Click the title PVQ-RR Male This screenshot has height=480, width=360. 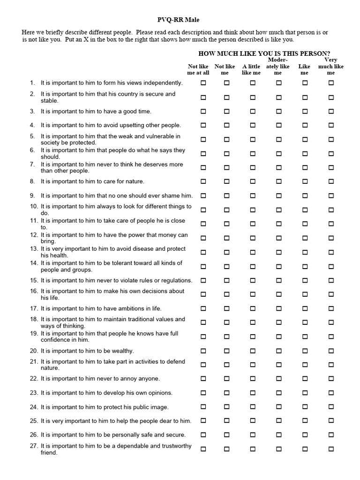click(x=180, y=20)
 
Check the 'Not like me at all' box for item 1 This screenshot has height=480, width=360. click(x=203, y=83)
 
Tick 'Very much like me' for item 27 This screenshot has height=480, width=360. click(x=331, y=449)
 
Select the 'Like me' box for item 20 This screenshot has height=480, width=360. click(x=305, y=351)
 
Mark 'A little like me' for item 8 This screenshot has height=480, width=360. click(x=253, y=181)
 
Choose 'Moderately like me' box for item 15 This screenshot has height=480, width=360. click(x=279, y=280)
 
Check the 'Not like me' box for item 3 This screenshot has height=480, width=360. click(x=227, y=112)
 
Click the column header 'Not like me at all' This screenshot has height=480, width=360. click(x=198, y=69)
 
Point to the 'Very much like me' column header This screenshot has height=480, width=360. click(x=331, y=66)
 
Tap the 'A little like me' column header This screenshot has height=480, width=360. click(x=251, y=69)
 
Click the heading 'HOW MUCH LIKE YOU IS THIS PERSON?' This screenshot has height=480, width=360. click(x=264, y=53)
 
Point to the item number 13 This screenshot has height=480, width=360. click(x=34, y=249)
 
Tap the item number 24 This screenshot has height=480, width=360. click(x=34, y=407)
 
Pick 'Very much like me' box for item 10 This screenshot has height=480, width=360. click(x=331, y=210)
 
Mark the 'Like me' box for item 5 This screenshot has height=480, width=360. click(x=305, y=139)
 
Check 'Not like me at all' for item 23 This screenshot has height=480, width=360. click(x=203, y=393)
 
